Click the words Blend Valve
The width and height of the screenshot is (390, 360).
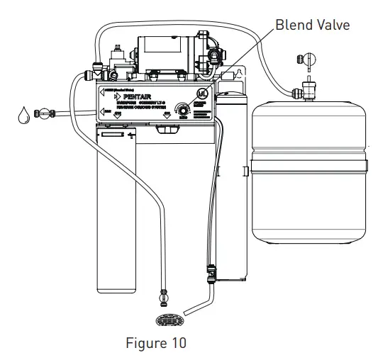tap(312, 25)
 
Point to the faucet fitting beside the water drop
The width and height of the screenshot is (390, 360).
tap(46, 111)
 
